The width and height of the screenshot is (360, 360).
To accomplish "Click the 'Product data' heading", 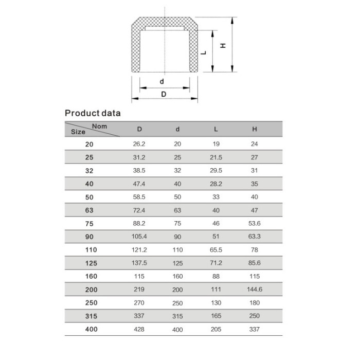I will [93, 113].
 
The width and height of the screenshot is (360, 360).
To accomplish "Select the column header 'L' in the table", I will [215, 129].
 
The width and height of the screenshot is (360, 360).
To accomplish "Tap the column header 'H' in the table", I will [255, 129].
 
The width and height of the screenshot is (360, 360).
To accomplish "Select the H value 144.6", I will [255, 290].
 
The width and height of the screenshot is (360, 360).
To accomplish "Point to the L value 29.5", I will [215, 170].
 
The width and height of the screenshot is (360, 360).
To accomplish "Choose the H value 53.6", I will [255, 223].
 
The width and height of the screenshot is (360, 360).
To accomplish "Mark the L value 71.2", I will [215, 263].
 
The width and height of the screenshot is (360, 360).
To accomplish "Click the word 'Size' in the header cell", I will [78, 132].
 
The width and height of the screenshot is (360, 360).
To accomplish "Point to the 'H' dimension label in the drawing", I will [223, 46].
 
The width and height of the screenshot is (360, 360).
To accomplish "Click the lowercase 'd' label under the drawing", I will [161, 81].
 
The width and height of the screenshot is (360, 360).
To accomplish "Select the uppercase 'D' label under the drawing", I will [164, 94].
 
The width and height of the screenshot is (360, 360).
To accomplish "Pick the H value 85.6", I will [255, 263].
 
